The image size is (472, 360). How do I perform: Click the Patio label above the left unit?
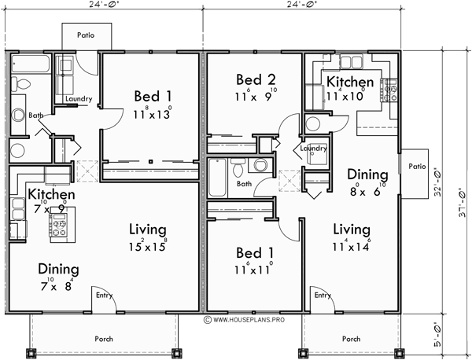point(87,35)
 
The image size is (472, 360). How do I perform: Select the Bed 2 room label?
point(255,79)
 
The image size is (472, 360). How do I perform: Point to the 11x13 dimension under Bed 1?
point(152,114)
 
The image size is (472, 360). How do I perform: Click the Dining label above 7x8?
point(57,270)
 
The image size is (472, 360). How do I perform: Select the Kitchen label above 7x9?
point(51,194)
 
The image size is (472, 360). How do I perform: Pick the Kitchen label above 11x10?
point(350,82)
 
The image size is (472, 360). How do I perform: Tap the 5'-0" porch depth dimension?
point(446,330)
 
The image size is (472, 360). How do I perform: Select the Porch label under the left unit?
point(103,339)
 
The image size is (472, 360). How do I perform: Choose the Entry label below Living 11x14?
point(322,296)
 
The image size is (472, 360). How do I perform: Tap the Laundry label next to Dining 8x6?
point(314,148)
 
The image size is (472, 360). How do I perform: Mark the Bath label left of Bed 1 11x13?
point(36,115)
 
